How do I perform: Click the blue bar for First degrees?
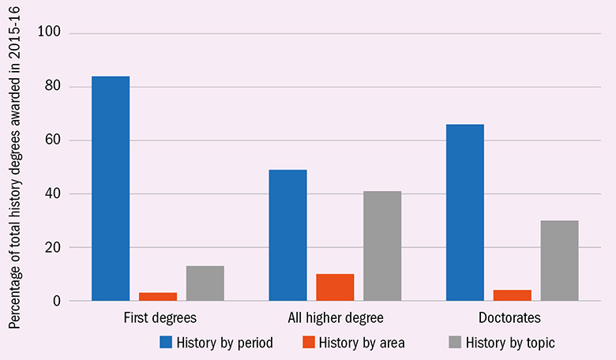pyautogui.click(x=111, y=189)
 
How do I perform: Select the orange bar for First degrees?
pyautogui.click(x=158, y=297)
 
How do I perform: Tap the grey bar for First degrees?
pyautogui.click(x=205, y=283)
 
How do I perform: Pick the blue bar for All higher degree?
pyautogui.click(x=287, y=235)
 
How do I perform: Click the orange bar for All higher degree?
pyautogui.click(x=335, y=287)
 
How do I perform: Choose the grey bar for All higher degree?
pyautogui.click(x=382, y=246)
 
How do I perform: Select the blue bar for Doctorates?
pyautogui.click(x=465, y=212)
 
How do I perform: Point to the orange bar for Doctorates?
pyautogui.click(x=513, y=295)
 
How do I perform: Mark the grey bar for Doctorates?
pyautogui.click(x=559, y=261)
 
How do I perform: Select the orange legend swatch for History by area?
pyautogui.click(x=309, y=343)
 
